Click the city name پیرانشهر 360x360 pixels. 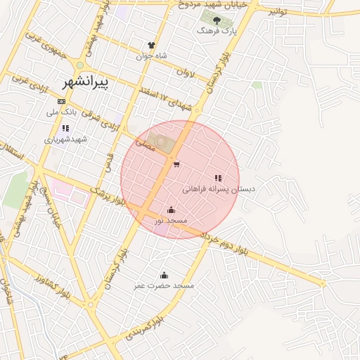(x=82, y=82)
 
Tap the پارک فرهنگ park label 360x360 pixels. (x=216, y=32)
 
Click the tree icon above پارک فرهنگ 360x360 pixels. (x=217, y=20)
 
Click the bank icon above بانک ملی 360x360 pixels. (x=61, y=102)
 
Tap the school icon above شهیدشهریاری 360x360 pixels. (x=65, y=128)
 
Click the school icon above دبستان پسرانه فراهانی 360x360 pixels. (x=218, y=178)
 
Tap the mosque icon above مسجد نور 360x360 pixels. (x=171, y=210)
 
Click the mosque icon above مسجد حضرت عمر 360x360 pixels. (x=165, y=275)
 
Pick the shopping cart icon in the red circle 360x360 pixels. (x=175, y=165)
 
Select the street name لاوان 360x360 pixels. (x=185, y=72)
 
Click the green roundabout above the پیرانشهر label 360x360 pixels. (x=90, y=63)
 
